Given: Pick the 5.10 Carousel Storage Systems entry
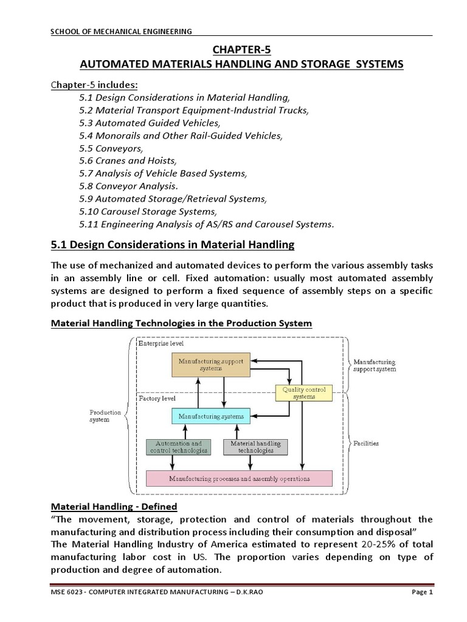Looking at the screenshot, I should pyautogui.click(x=148, y=211).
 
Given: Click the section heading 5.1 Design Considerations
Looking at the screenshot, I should pyautogui.click(x=171, y=245).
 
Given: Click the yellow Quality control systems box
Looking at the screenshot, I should pyautogui.click(x=304, y=393).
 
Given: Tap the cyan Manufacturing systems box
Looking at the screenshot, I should pyautogui.click(x=210, y=417).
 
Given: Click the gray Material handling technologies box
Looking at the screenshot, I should pyautogui.click(x=255, y=447).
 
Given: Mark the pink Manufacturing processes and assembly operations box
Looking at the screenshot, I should pyautogui.click(x=240, y=478).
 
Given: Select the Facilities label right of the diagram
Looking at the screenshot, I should pyautogui.click(x=365, y=443).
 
